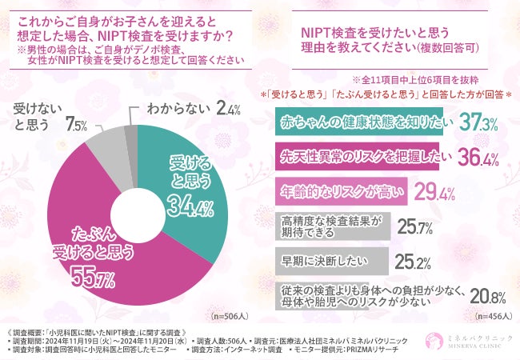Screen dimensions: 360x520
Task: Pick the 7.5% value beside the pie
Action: click(x=78, y=125)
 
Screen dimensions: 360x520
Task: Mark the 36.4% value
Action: click(x=473, y=156)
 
